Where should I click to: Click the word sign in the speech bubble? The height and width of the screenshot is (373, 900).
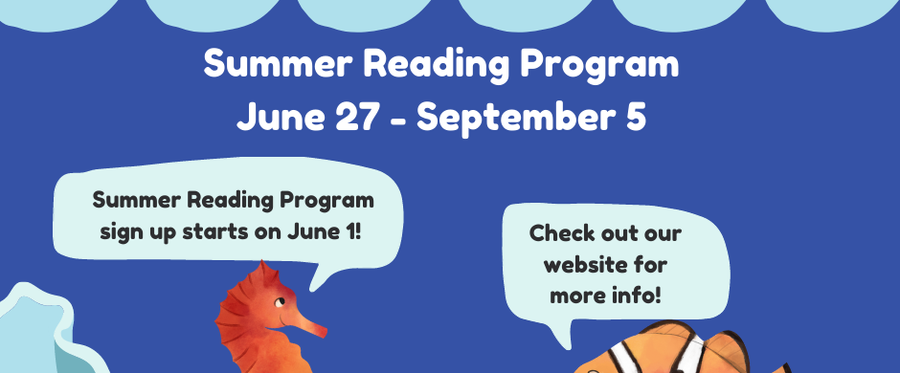118,233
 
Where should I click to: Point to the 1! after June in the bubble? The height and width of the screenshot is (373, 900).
352,232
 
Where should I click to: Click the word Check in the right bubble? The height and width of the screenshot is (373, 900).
560,233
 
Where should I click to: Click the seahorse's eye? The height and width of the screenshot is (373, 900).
278,301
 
